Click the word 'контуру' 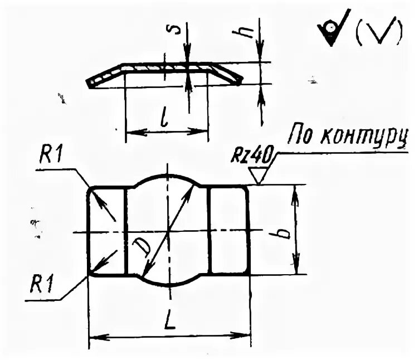[x=365, y=137]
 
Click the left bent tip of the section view [x=90, y=84]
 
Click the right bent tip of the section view [x=238, y=80]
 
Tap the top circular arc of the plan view [x=167, y=176]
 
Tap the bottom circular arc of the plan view [x=167, y=284]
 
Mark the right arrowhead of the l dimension [x=203, y=132]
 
